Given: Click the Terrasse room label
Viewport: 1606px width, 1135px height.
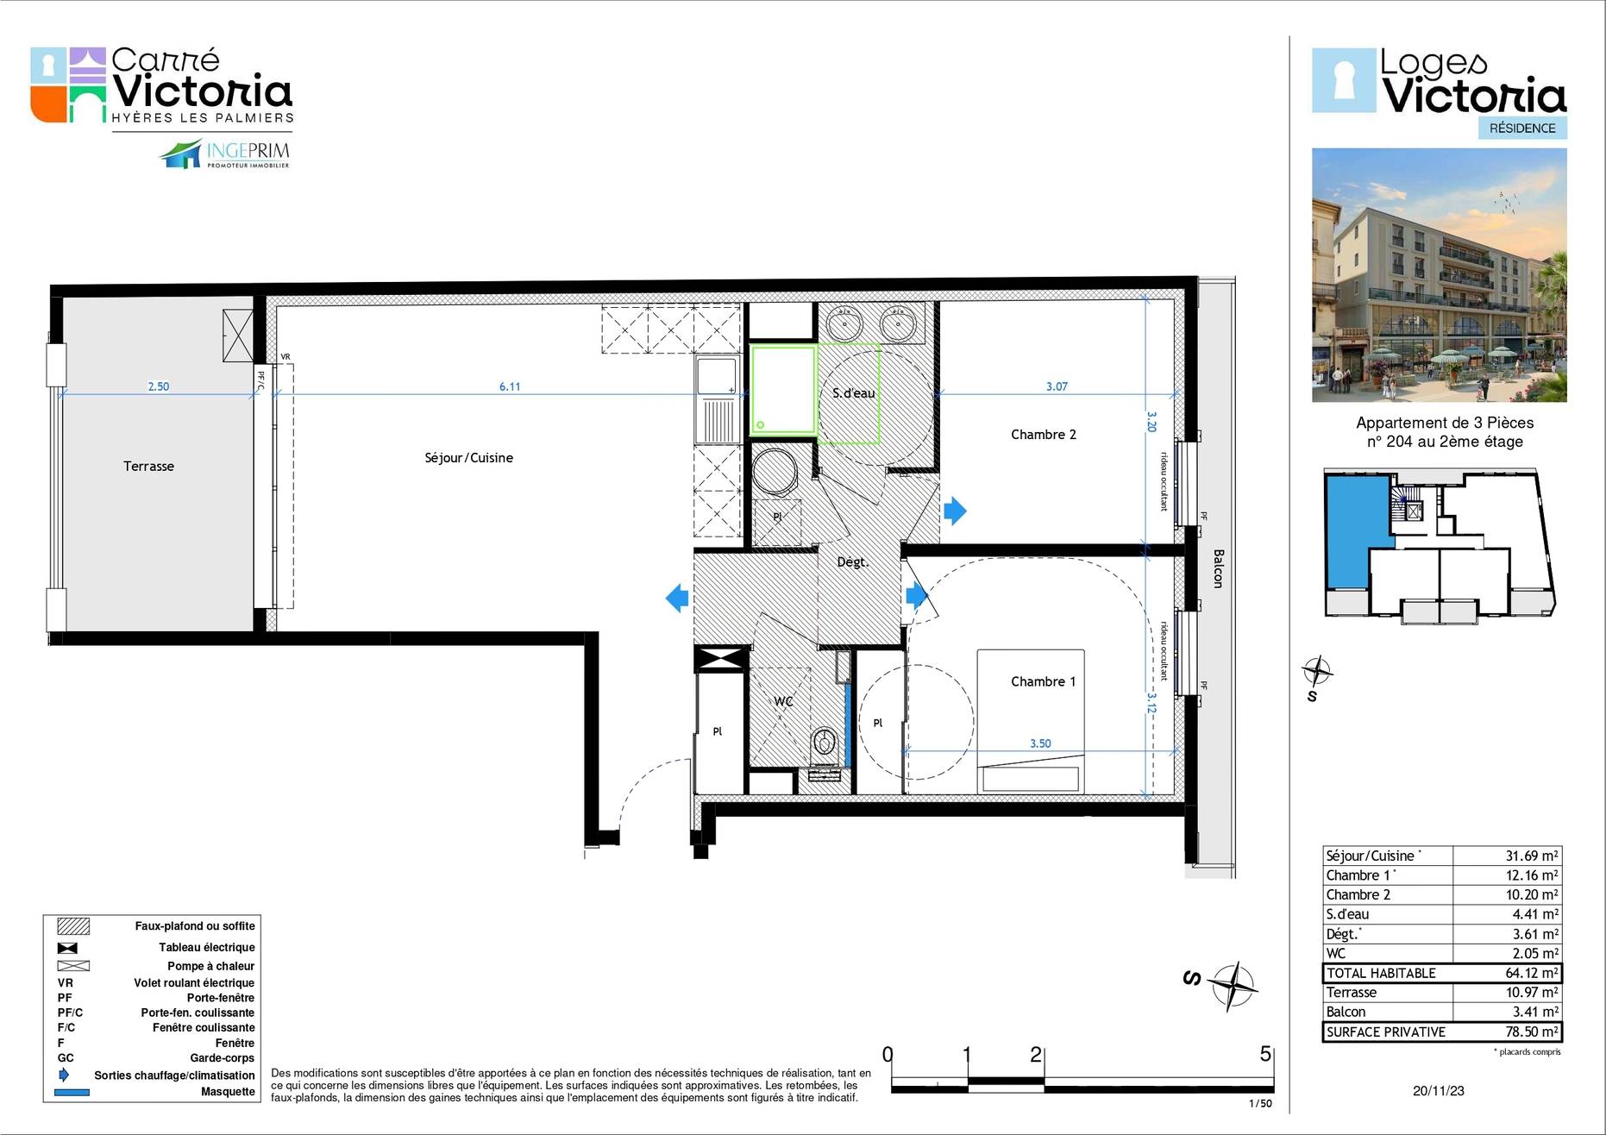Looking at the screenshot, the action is point(148,467).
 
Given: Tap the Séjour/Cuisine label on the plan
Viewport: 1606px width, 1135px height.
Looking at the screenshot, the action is point(468,458).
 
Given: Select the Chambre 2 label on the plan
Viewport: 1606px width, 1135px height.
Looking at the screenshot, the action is point(1044,435).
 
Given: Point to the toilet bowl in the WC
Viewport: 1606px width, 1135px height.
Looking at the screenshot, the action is point(824,743).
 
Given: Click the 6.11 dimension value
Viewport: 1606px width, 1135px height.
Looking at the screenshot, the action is point(510,386).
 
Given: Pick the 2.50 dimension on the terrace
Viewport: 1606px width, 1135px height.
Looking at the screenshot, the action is point(159,386).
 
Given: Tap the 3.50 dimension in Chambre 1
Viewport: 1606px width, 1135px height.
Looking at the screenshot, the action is point(1040,743).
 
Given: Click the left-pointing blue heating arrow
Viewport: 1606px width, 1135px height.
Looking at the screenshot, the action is point(677,598).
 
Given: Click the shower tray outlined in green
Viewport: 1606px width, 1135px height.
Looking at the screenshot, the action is point(783,389).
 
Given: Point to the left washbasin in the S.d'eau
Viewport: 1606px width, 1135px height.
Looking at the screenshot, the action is point(844,325).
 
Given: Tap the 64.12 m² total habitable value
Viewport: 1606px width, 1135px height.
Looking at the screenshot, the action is point(1532,973).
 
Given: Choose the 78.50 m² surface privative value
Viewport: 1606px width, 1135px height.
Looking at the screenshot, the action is point(1532,1032).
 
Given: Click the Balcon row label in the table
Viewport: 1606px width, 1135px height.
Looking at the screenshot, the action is point(1346,1012).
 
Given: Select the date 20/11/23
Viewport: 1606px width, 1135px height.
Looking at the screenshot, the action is point(1439,1090).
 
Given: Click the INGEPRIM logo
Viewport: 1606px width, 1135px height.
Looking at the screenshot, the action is point(225,154).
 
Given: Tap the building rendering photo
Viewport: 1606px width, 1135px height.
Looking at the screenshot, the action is point(1439,275).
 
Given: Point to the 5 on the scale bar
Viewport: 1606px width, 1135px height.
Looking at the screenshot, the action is point(1265,1054).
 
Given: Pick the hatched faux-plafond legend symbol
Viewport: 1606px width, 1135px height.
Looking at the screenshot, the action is point(73,926).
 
